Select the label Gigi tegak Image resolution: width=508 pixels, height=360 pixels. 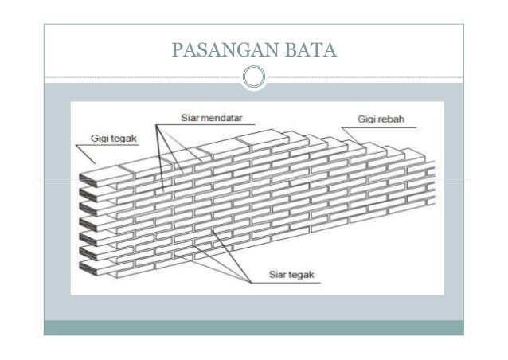(x=114, y=138)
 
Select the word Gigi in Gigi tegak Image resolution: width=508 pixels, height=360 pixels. (x=101, y=138)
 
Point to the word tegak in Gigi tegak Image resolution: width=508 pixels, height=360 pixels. (x=124, y=138)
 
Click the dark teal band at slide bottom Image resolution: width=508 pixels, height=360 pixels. (x=254, y=327)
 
